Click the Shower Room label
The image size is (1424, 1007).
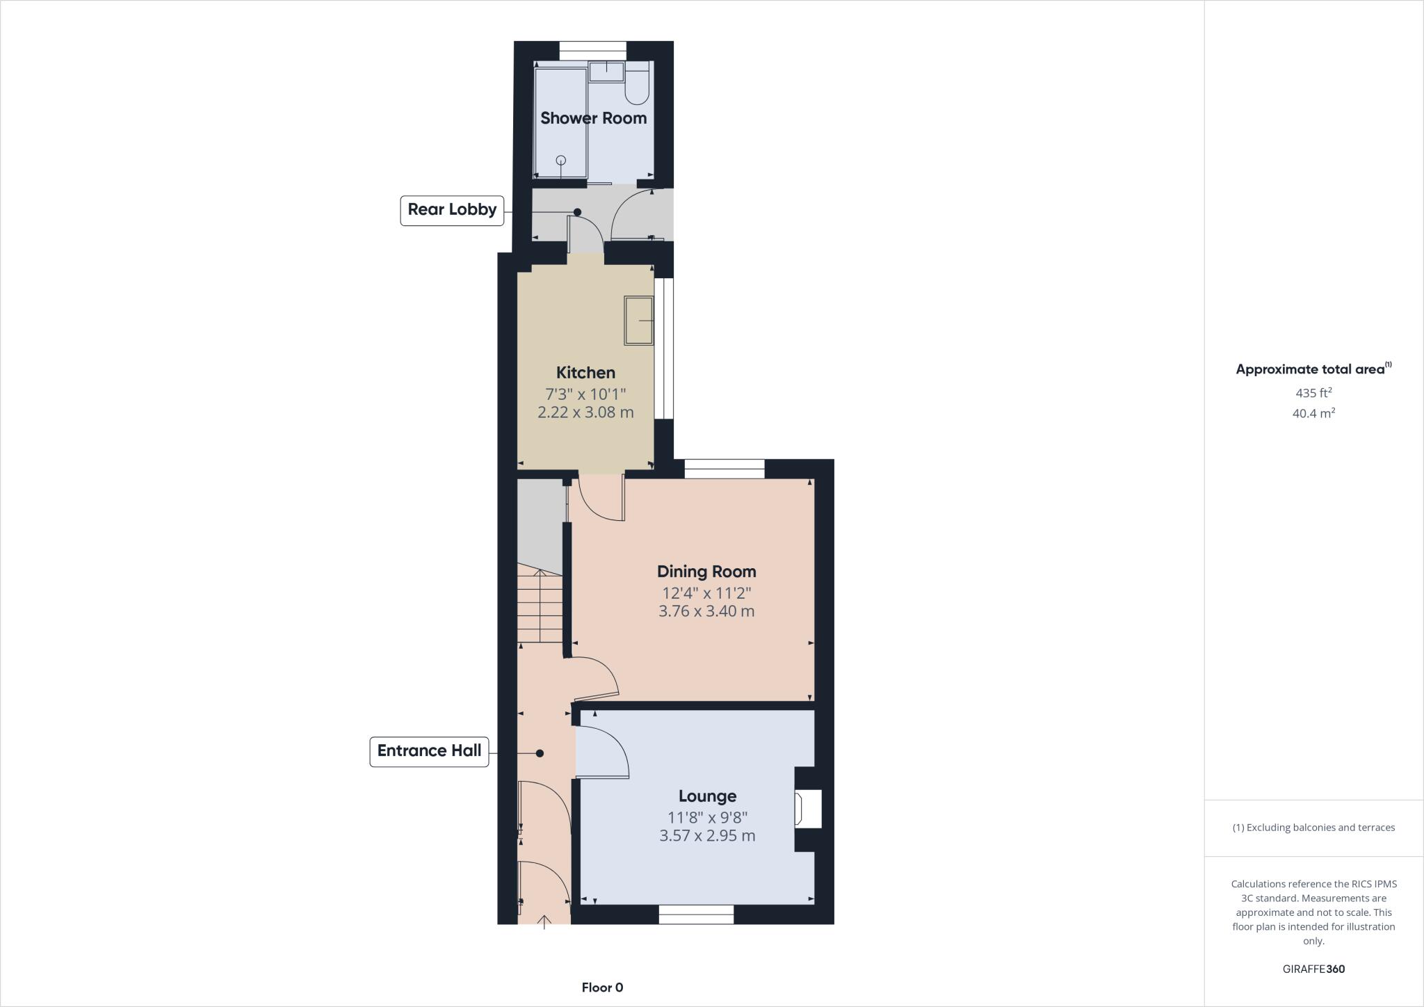click(x=593, y=118)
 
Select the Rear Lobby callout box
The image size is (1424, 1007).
click(x=452, y=210)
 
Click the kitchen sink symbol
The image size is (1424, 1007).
click(x=639, y=321)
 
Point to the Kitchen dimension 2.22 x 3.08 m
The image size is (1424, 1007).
click(x=585, y=412)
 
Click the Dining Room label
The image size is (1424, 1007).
click(x=706, y=572)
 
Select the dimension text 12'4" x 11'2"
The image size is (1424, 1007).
click(x=706, y=593)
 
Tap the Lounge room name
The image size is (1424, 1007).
click(x=707, y=796)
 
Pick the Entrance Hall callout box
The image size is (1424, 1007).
click(x=429, y=752)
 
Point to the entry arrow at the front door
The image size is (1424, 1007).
click(x=544, y=921)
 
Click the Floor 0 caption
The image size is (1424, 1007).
click(x=602, y=988)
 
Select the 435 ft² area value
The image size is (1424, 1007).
click(x=1313, y=393)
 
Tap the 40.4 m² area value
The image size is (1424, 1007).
click(x=1313, y=413)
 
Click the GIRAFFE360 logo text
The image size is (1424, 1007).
click(x=1313, y=969)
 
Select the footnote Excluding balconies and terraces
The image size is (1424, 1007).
click(x=1313, y=828)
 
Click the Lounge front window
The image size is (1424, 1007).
click(x=696, y=915)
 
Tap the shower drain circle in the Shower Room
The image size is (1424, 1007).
click(x=561, y=161)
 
